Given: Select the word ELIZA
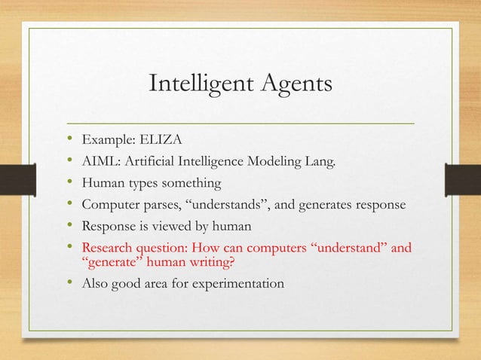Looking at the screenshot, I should (x=152, y=139).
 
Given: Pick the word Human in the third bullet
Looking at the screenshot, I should (x=103, y=182).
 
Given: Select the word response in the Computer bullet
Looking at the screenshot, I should (x=376, y=204).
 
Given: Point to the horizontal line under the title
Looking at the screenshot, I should (x=240, y=121).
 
